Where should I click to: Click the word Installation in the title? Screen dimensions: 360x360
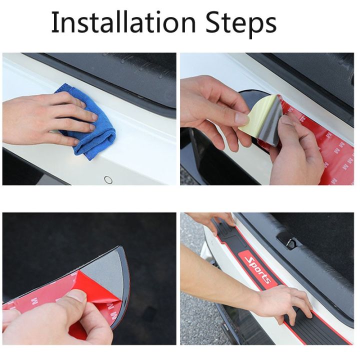122,22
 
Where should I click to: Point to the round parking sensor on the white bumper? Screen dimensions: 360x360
108,179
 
